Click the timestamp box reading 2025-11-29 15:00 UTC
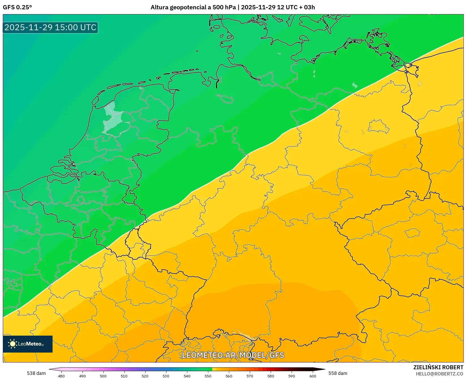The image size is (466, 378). tap(50, 27)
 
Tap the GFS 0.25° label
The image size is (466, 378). tap(17, 7)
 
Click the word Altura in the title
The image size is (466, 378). tap(159, 7)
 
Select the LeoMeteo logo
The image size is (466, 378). tap(28, 344)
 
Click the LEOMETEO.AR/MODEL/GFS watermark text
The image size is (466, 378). tap(233, 355)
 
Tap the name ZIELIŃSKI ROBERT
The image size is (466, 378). tap(438, 367)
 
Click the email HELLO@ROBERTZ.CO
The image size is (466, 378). tap(439, 374)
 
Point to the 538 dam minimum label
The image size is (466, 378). tap(36, 373)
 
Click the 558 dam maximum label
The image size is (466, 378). tap(338, 373)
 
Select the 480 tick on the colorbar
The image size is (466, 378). tap(61, 376)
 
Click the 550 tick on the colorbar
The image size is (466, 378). tap(208, 376)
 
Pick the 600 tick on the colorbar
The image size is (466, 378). tap(313, 376)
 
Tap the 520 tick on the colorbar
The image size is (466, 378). tap(145, 376)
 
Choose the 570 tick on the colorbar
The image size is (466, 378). tap(250, 376)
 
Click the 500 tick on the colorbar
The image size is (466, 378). tap(103, 376)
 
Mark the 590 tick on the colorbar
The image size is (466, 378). tap(292, 376)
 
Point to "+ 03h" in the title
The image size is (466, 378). tap(307, 7)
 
